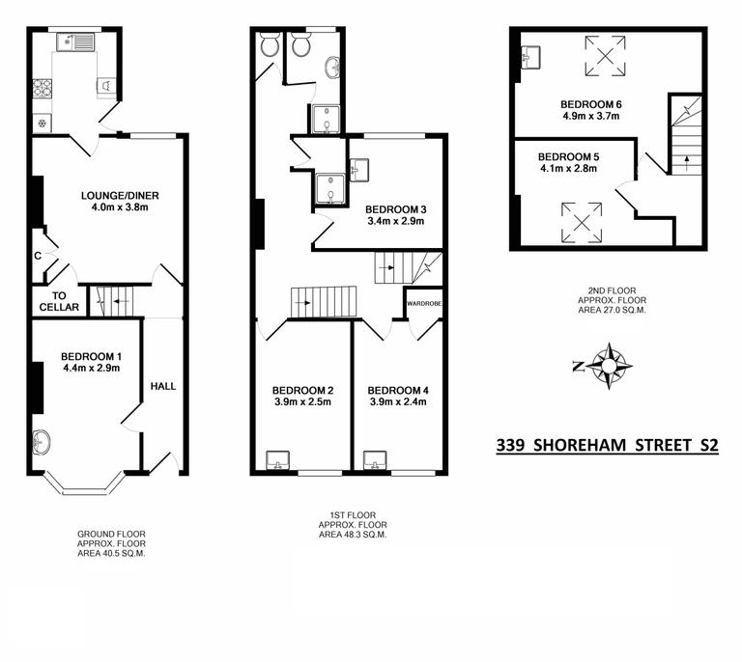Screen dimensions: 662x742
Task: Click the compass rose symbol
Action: (x=608, y=366)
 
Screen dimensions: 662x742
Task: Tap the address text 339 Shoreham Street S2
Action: (x=607, y=446)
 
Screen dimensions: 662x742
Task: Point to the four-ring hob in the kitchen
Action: (x=43, y=89)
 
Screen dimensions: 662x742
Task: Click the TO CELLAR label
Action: (x=59, y=301)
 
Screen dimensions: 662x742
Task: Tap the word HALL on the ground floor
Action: (x=163, y=386)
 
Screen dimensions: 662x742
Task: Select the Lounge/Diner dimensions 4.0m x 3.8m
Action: (x=119, y=207)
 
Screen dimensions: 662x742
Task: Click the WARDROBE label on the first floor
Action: (x=423, y=302)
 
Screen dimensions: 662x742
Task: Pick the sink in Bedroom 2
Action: (x=279, y=458)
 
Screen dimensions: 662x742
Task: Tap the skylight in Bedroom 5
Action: (x=582, y=221)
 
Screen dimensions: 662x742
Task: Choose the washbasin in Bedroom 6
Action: (x=529, y=56)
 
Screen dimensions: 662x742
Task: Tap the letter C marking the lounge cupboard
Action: (x=38, y=257)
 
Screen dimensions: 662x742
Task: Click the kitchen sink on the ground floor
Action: (x=73, y=41)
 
